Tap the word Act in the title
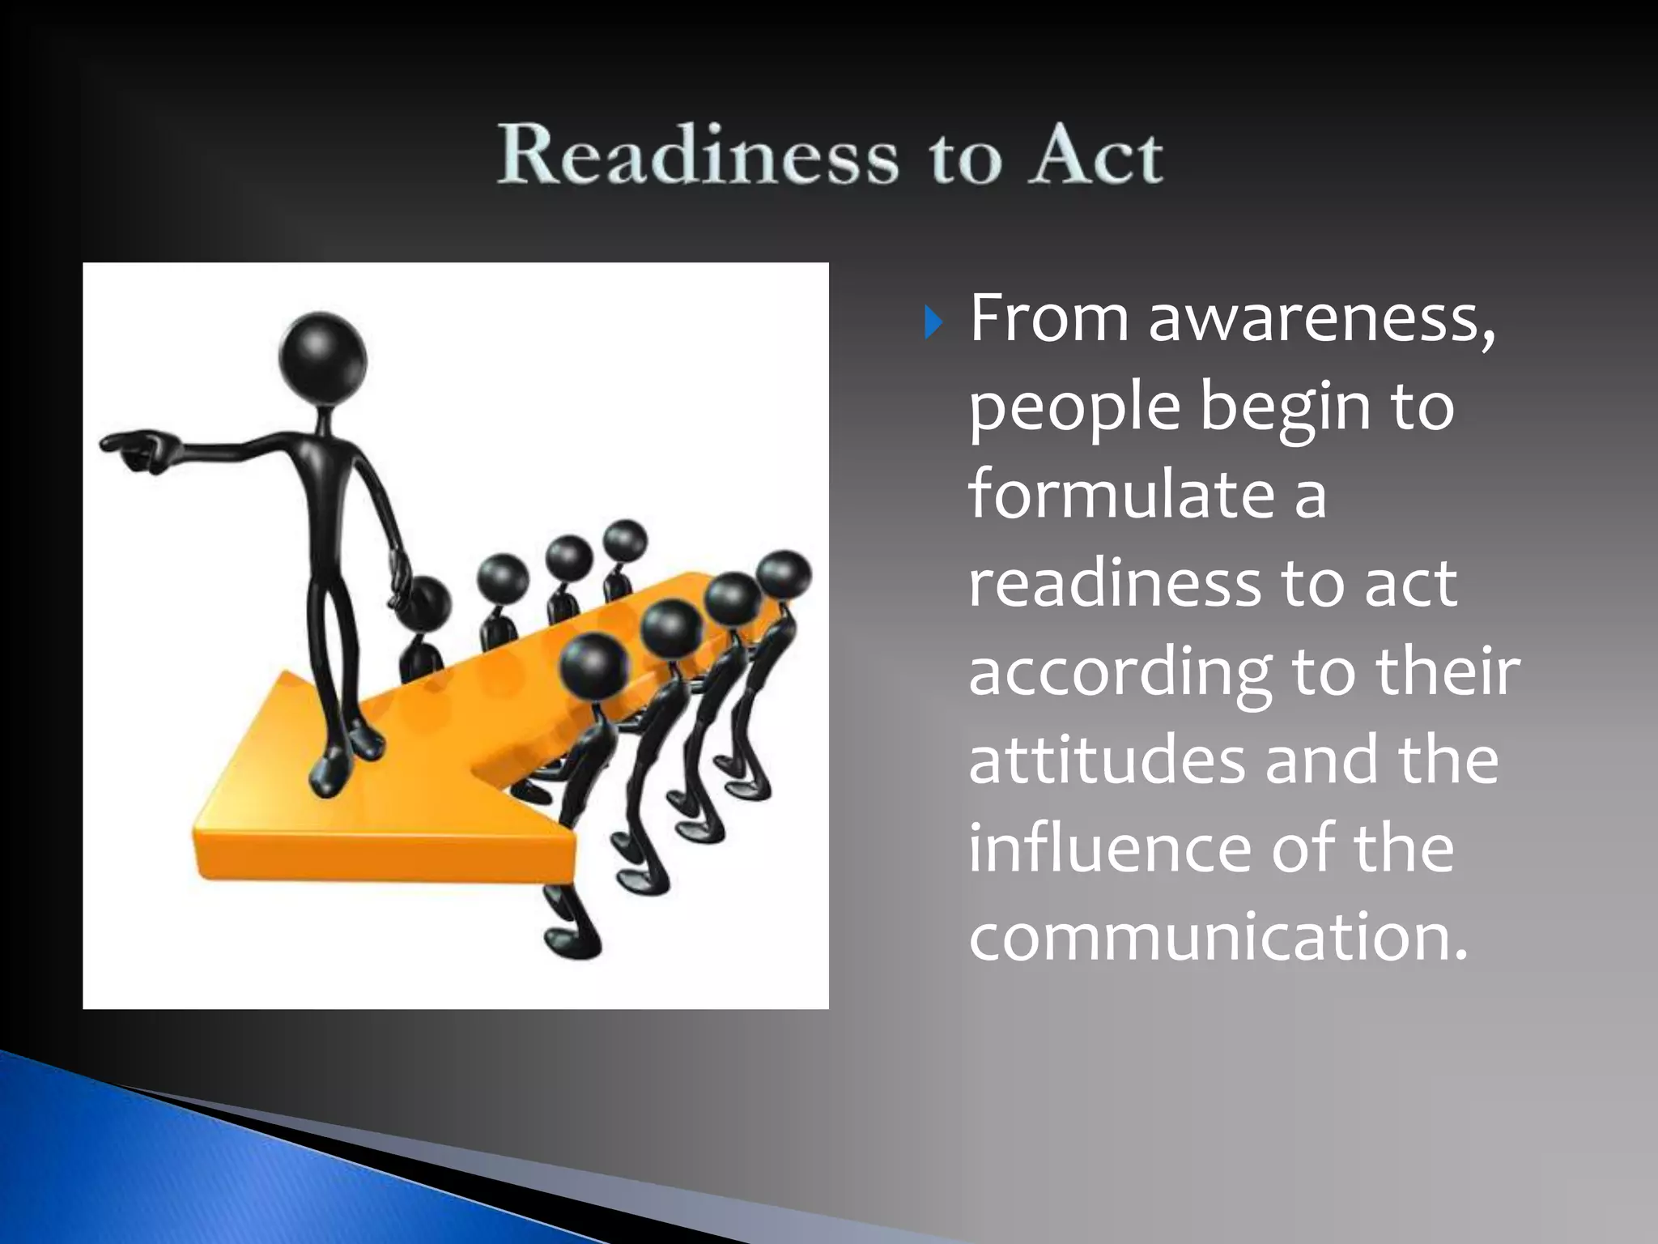1097,156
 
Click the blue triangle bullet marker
933,324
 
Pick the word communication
1217,936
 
